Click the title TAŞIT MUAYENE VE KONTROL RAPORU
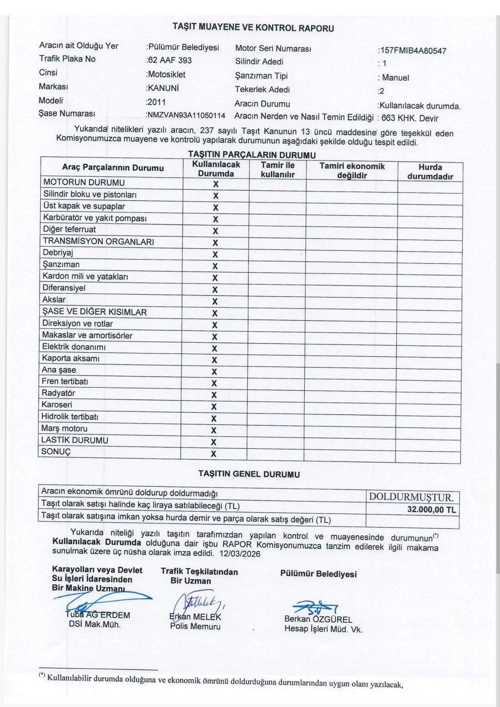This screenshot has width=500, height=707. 253,27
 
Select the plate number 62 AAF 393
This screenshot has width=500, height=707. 169,60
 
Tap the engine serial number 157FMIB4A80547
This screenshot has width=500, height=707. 413,50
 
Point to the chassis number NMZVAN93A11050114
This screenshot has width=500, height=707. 186,115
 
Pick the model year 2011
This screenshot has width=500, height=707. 156,102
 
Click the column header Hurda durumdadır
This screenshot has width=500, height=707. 430,172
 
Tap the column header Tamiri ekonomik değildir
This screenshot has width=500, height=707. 352,171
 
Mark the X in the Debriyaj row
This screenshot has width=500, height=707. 215,254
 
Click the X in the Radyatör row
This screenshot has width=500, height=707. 214,395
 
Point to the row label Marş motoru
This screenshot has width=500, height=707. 64,428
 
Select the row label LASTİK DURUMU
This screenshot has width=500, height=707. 75,440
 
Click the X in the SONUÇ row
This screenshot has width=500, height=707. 213,454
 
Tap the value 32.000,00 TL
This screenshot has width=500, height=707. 431,509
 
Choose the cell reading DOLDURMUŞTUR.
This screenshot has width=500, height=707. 412,497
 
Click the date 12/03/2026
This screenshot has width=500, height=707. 240,553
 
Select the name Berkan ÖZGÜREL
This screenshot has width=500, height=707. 318,620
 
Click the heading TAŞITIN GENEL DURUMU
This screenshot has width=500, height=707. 249,474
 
